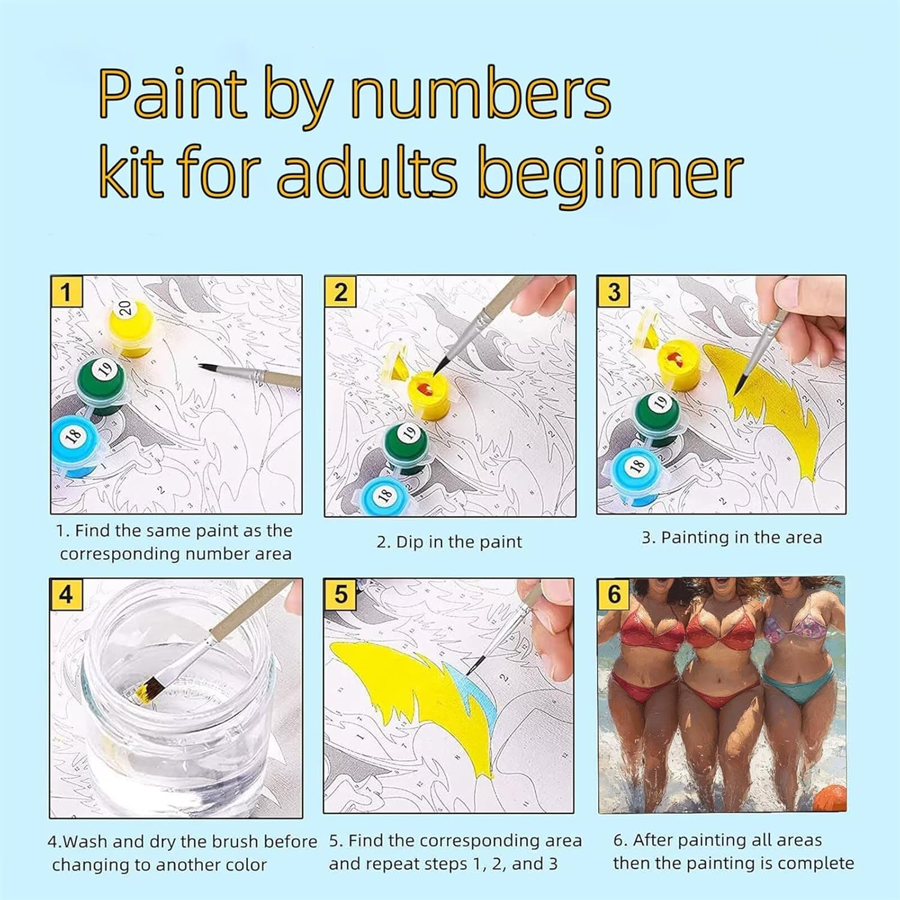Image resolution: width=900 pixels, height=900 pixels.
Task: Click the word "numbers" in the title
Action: (481, 94)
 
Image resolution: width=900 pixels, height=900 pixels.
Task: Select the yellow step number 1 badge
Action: (66, 292)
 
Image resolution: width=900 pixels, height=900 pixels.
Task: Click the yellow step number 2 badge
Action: (340, 292)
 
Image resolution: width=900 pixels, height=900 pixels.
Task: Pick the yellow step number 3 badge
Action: (613, 292)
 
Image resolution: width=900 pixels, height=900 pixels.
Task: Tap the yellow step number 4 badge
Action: (66, 595)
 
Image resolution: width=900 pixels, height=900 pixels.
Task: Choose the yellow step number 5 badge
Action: (340, 595)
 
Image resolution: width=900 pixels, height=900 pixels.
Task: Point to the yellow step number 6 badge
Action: (614, 595)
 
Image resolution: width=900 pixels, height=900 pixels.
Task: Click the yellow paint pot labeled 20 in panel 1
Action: (130, 326)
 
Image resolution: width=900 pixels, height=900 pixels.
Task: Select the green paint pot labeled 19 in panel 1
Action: (101, 385)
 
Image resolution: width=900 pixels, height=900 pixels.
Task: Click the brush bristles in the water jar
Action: (149, 692)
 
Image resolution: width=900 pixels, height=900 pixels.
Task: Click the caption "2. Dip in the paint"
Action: (449, 542)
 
